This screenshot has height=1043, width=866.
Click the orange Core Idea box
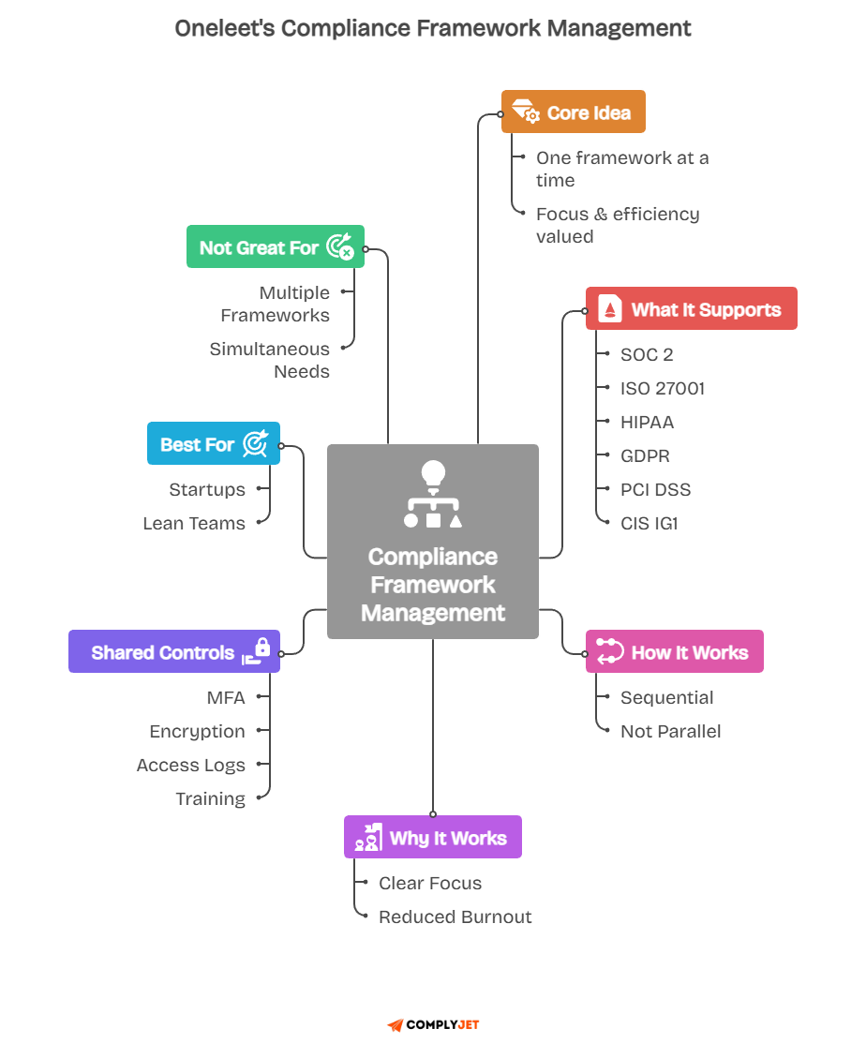click(x=573, y=112)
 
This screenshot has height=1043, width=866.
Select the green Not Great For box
click(x=275, y=247)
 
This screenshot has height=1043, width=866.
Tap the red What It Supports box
click(x=691, y=309)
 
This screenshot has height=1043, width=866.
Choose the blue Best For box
click(x=214, y=444)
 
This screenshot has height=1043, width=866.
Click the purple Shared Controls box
click(x=174, y=652)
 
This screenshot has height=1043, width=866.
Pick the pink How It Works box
click(x=674, y=652)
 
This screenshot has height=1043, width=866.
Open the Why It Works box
click(x=432, y=838)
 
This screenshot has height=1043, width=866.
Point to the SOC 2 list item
click(x=647, y=355)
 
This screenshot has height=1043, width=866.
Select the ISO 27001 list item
click(x=662, y=389)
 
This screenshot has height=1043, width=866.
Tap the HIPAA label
click(x=647, y=423)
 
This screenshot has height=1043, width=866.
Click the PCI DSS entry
click(x=655, y=490)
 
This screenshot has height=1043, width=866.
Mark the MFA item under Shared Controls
click(x=226, y=698)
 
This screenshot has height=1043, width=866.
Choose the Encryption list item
click(x=197, y=732)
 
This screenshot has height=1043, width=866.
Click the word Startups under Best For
click(x=207, y=490)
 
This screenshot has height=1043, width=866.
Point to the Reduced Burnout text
click(x=455, y=917)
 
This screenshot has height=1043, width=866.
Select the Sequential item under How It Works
click(x=666, y=698)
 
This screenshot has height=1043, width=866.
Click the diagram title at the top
click(x=433, y=29)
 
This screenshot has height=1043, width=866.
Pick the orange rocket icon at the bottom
click(x=396, y=1025)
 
